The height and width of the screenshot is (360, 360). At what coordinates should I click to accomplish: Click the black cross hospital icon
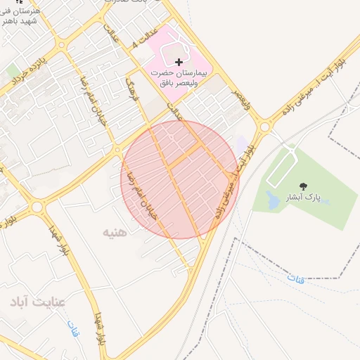[179, 63]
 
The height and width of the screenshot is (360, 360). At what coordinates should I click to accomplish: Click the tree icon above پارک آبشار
[303, 187]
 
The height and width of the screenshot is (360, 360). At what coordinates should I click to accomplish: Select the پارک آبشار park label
[304, 198]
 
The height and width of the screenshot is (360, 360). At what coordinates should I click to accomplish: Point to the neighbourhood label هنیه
[115, 231]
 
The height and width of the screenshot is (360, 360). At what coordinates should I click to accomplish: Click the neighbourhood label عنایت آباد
[37, 302]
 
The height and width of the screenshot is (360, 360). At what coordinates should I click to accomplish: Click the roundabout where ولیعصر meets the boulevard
[266, 127]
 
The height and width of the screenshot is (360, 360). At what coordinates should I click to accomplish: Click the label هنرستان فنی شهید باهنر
[20, 17]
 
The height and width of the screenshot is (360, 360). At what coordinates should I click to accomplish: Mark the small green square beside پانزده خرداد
[13, 71]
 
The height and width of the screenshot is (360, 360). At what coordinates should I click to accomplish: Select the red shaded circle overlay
[180, 180]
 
